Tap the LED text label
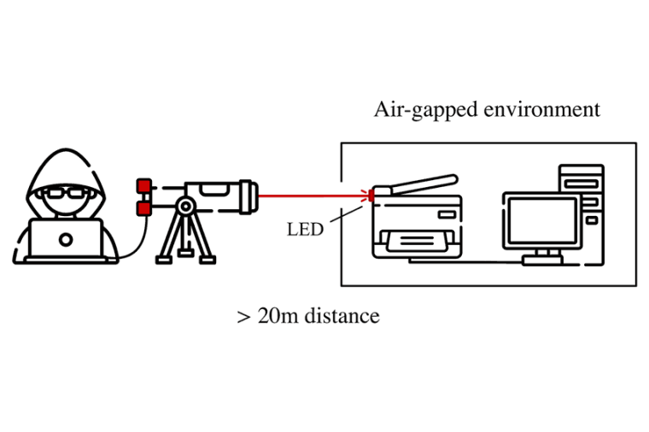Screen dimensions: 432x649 click(x=305, y=230)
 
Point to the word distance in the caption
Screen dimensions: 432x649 click(x=342, y=316)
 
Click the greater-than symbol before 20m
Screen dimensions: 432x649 click(x=243, y=317)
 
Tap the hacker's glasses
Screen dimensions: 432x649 click(x=65, y=193)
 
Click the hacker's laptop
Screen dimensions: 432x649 click(x=65, y=238)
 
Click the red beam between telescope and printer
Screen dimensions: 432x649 click(x=312, y=195)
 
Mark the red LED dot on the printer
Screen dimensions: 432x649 click(x=371, y=196)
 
